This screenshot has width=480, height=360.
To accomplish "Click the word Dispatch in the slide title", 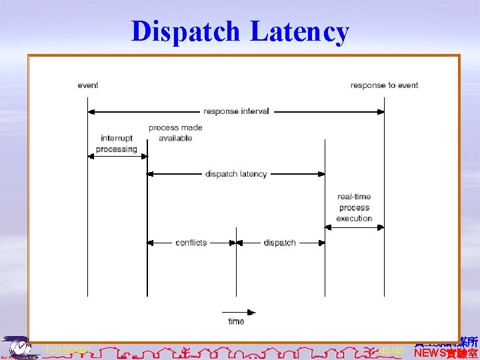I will click(186, 31).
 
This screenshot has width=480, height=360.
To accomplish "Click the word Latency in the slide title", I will click(299, 31).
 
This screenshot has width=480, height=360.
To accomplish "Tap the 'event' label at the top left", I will click(88, 85).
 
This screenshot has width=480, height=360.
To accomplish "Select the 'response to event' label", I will click(384, 85).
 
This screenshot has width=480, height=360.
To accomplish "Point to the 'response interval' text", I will click(236, 111).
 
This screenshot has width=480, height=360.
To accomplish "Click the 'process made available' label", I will click(175, 133).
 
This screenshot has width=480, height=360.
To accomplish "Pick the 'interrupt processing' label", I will click(117, 143).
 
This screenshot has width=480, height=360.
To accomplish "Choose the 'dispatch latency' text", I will click(236, 174).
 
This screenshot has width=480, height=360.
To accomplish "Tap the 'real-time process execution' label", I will click(354, 207).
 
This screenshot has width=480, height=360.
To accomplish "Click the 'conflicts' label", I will click(191, 243).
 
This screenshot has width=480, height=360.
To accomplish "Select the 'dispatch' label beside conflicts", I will click(279, 243).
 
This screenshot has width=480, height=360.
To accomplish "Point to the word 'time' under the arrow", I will click(236, 321).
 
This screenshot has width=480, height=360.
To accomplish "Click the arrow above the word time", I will click(238, 311).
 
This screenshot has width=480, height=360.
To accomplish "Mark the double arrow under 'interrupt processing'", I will click(117, 157).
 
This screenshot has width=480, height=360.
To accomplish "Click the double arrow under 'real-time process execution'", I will click(354, 227).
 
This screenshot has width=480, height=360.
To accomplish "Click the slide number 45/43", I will click(392, 350).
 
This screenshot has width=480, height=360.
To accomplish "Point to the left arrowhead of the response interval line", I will click(92, 111).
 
